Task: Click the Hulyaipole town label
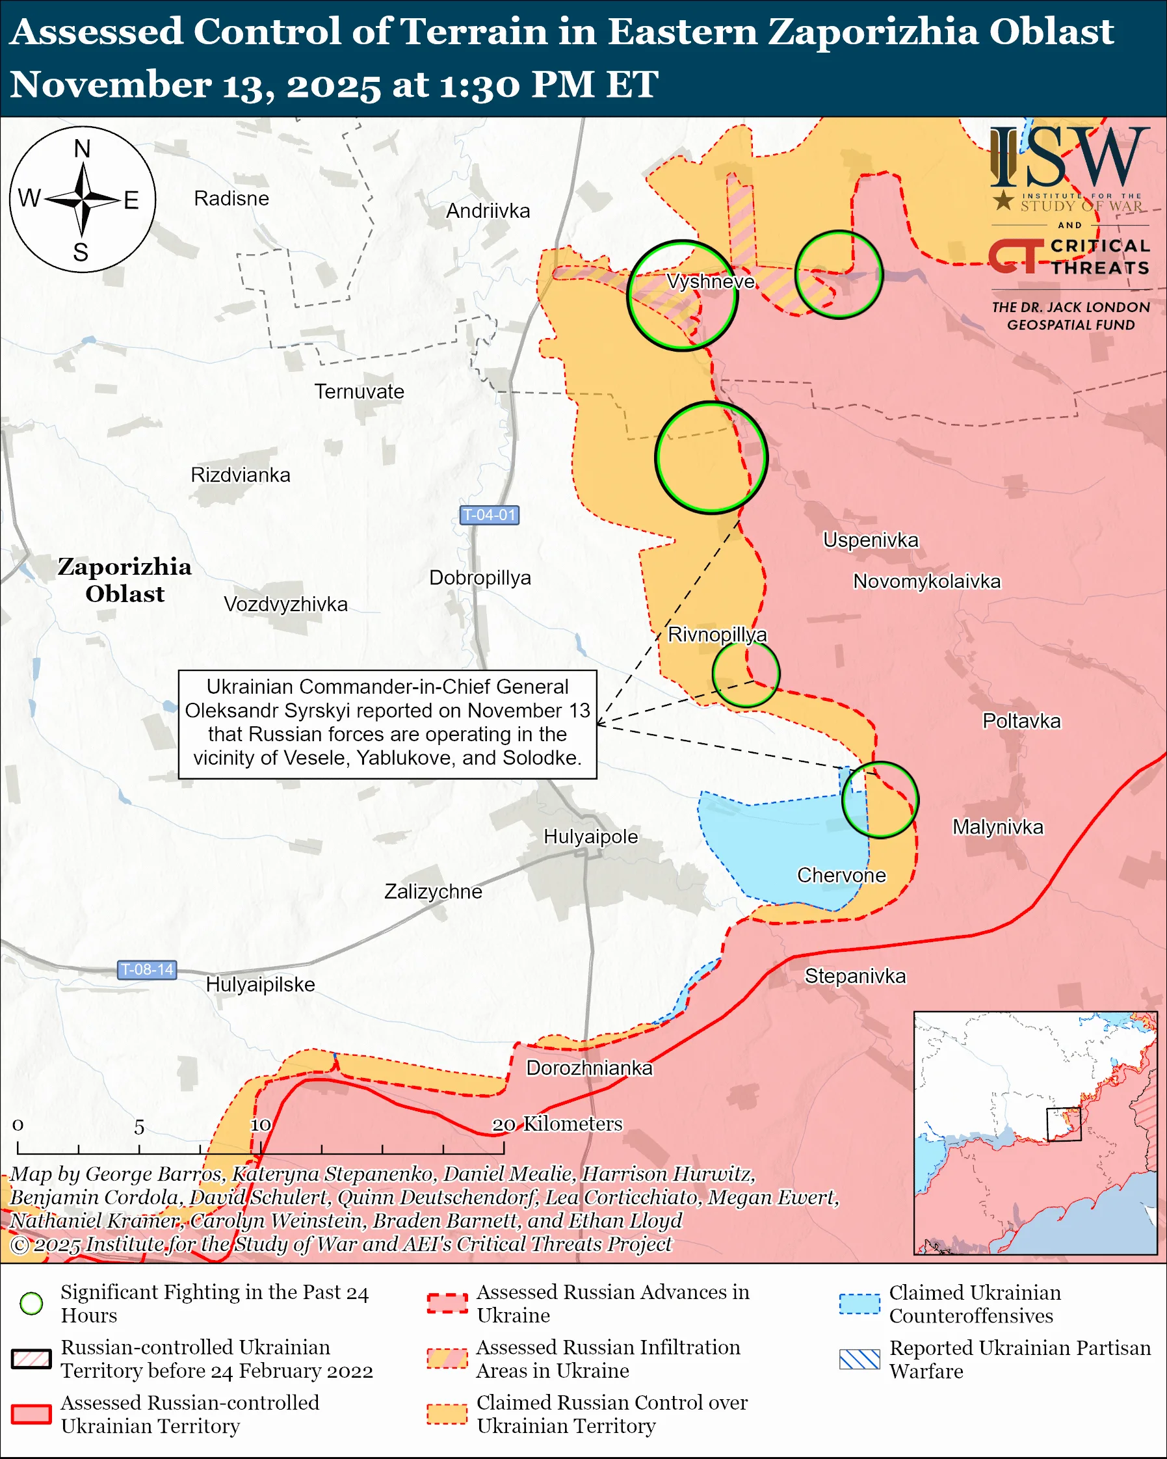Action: [x=590, y=836]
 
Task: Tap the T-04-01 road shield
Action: [x=489, y=515]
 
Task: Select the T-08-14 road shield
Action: [x=147, y=969]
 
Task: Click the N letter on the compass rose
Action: [x=82, y=149]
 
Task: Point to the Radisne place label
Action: [x=231, y=198]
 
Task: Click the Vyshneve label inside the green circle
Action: [x=710, y=282]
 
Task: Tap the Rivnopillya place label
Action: [x=717, y=635]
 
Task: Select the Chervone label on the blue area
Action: [x=841, y=875]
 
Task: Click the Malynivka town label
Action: [x=997, y=827]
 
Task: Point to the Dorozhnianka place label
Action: [x=589, y=1068]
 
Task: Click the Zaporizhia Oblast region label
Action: [x=124, y=580]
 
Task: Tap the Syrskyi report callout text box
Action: [x=387, y=724]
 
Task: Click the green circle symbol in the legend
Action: [x=31, y=1304]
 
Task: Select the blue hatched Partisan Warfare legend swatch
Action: [x=859, y=1359]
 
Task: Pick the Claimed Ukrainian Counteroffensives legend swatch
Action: [x=859, y=1304]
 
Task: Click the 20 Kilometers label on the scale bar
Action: [x=556, y=1124]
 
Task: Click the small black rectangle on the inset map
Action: [x=1064, y=1124]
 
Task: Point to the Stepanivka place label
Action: [x=854, y=976]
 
